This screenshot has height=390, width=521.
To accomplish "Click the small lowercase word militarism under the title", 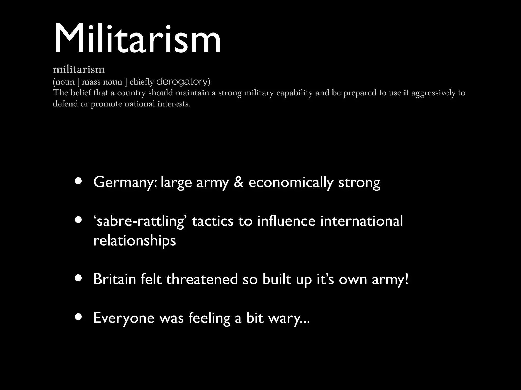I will coord(79,69).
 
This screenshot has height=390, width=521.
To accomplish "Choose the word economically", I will coord(291,182).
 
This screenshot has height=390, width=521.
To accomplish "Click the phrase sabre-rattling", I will coord(140,221).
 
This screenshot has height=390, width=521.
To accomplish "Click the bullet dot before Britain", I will coord(78,278).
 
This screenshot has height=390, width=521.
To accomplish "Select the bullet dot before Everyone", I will coord(78,317).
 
